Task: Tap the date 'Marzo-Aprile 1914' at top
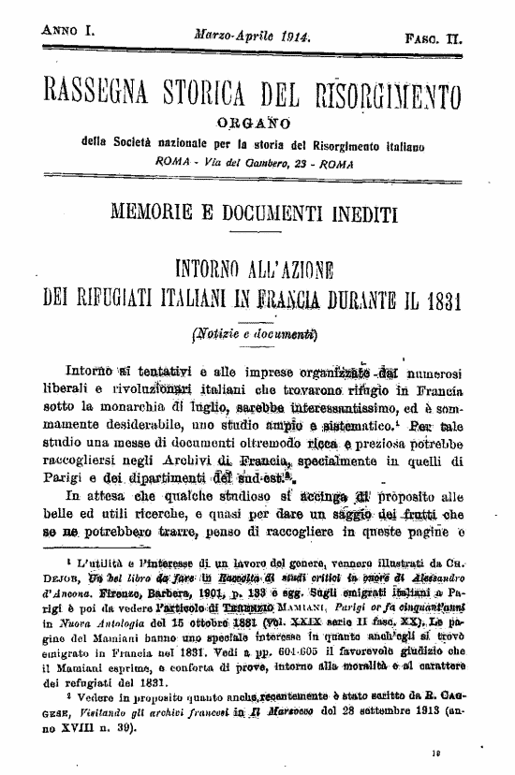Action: point(253,35)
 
